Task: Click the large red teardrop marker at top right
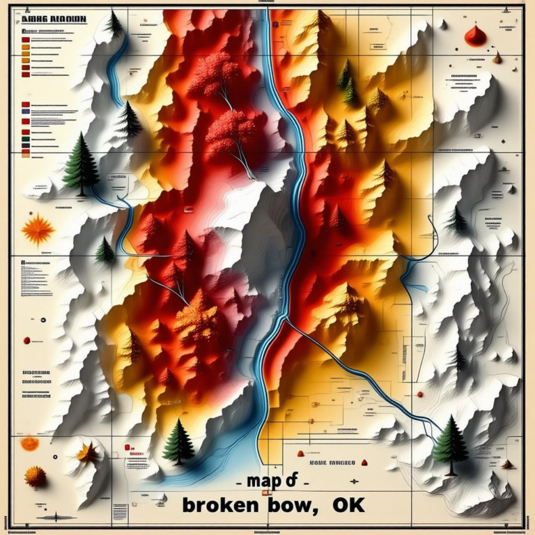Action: [476, 36]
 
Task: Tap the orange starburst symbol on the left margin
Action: [38, 230]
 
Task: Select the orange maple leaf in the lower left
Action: [88, 453]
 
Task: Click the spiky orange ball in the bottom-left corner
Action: [35, 476]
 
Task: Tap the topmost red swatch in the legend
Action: [26, 40]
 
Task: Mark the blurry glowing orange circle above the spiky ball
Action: [29, 444]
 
